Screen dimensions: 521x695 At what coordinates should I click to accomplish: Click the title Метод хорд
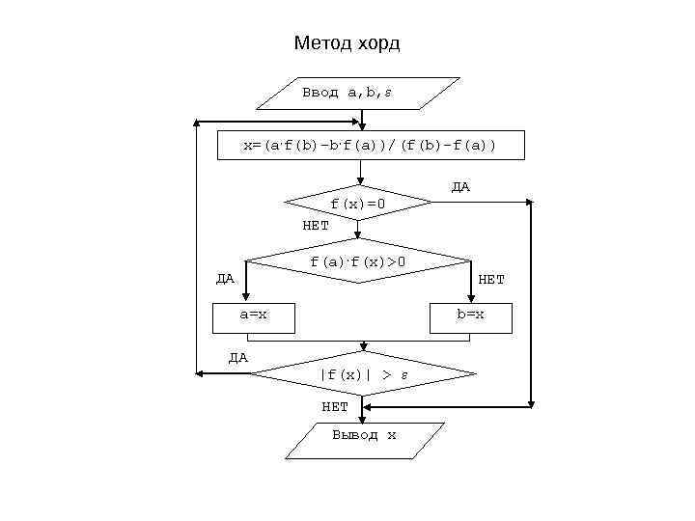click(x=347, y=44)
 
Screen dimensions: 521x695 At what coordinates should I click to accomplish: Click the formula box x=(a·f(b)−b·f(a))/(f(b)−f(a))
click(x=370, y=145)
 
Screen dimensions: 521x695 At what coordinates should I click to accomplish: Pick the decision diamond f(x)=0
click(x=358, y=204)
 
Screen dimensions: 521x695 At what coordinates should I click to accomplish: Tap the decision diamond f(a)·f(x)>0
click(x=358, y=260)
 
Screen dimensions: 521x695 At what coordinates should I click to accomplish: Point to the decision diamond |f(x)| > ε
click(x=363, y=374)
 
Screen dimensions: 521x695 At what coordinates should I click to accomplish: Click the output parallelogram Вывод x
click(x=364, y=436)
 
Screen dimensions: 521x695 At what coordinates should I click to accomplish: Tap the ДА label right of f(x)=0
click(x=460, y=186)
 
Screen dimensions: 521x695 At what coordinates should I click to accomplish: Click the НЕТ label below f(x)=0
click(x=316, y=225)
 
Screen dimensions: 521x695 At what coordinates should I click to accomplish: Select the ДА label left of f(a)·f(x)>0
click(x=224, y=279)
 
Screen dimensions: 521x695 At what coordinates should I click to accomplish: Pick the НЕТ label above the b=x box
click(x=491, y=280)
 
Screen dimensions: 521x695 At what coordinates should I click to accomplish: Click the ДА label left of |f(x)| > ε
click(x=237, y=357)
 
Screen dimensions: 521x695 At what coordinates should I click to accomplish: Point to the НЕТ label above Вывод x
click(x=335, y=406)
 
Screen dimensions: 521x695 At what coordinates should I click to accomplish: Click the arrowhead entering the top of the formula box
click(x=362, y=125)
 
